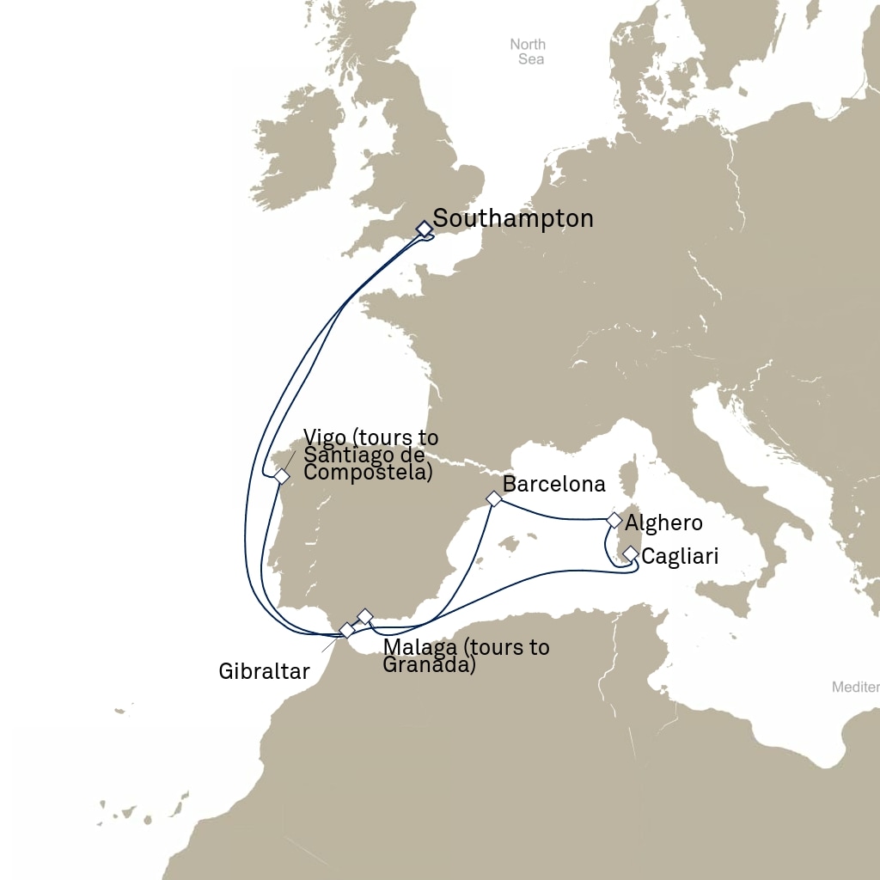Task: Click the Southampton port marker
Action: point(424,229)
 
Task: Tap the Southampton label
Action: point(513,219)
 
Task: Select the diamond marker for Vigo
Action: point(281,476)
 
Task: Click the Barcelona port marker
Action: point(493,498)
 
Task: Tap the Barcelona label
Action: point(554,485)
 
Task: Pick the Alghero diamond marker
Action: point(614,520)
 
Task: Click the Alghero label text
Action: point(663,522)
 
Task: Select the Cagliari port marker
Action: point(630,553)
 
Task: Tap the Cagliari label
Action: point(680,557)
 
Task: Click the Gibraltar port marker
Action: point(347,630)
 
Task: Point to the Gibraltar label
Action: point(264,671)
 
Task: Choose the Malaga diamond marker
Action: point(364,616)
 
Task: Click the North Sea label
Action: point(528,52)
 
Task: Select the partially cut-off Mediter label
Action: point(856,687)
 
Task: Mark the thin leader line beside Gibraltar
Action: point(329,645)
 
